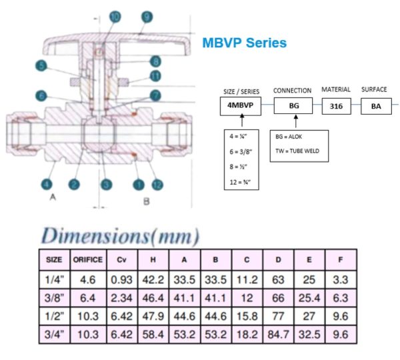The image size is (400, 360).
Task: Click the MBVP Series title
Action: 245,43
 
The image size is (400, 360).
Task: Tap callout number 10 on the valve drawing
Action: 115,15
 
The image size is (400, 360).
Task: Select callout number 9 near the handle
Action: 147,15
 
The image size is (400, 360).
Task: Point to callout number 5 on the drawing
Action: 41,66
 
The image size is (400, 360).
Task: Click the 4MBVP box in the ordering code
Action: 241,105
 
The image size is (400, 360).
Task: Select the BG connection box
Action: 293,105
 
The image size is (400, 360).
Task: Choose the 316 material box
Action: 335,105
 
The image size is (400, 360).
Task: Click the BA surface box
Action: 374,105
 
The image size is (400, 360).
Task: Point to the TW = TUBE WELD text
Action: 297,151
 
